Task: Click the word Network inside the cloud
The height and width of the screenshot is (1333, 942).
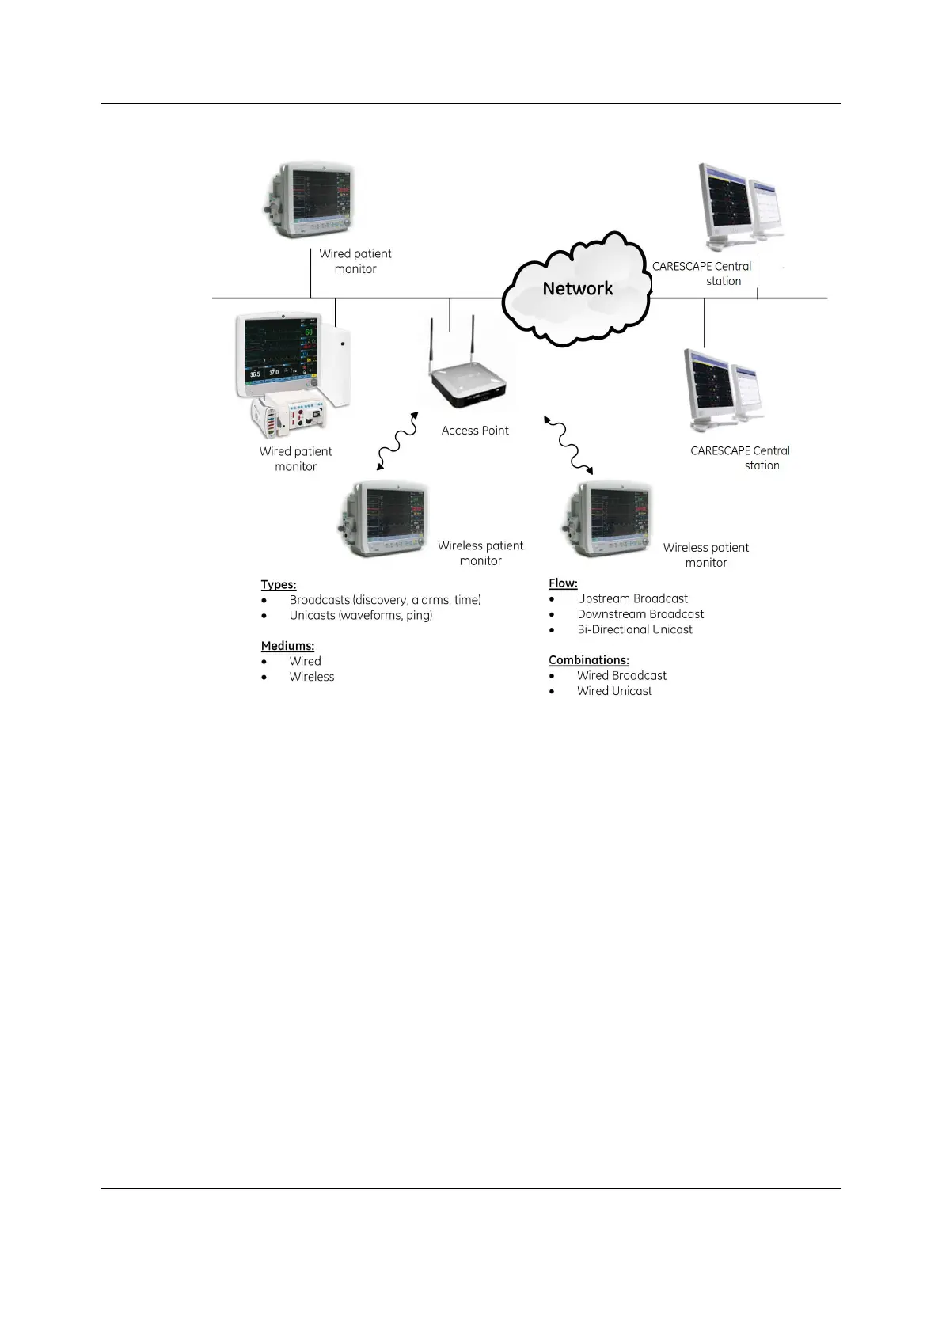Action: [577, 289]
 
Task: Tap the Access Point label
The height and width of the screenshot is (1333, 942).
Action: [475, 431]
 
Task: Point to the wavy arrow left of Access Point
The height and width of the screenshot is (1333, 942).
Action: [397, 442]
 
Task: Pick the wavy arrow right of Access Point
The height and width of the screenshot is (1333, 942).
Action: [568, 443]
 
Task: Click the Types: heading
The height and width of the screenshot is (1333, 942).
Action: [279, 585]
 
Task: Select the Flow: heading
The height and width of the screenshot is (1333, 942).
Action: [563, 583]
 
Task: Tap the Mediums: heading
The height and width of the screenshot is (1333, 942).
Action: [287, 646]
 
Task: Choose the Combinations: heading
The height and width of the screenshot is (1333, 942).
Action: [589, 660]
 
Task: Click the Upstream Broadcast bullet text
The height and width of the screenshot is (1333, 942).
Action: [632, 599]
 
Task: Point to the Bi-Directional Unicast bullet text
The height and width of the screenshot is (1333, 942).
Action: [635, 630]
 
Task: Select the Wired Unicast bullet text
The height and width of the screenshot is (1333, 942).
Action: [614, 691]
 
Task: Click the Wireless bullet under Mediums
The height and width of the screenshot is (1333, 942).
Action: [312, 677]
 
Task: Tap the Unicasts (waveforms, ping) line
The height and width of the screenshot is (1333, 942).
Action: [361, 616]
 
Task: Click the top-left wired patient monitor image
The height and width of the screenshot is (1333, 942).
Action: [309, 200]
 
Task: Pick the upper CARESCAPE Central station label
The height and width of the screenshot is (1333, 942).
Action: [702, 274]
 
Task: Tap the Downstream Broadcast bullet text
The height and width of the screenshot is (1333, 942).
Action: [640, 614]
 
